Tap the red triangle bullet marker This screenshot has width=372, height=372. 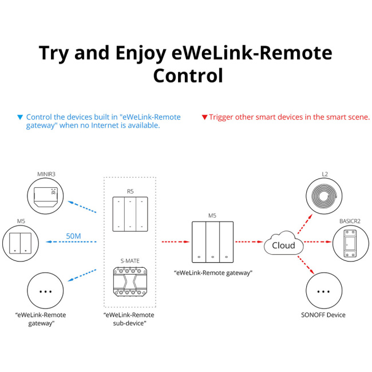pyautogui.click(x=204, y=117)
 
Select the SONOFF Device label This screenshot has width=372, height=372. pyautogui.click(x=323, y=315)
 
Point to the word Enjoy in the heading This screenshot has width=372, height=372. pyautogui.click(x=137, y=53)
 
